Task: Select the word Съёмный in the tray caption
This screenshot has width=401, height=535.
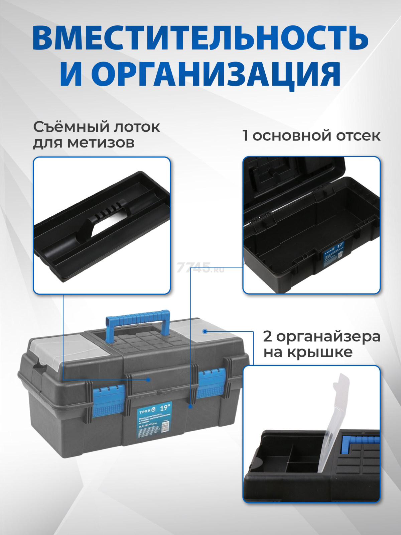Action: tap(71, 127)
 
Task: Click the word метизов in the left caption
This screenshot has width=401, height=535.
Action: tap(101, 143)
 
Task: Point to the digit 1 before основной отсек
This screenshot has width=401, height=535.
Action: tap(246, 136)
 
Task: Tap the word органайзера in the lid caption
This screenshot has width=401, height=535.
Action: tap(328, 336)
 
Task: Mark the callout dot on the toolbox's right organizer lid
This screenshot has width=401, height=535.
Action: tap(205, 331)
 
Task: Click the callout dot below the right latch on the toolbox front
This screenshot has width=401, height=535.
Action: tap(190, 406)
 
